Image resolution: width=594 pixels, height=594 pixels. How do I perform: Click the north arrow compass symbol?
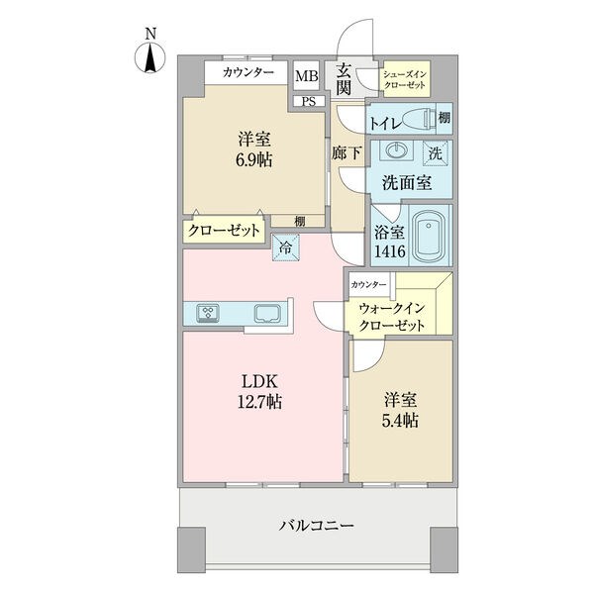click(x=150, y=58)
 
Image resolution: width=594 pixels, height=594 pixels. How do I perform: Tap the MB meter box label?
click(x=307, y=76)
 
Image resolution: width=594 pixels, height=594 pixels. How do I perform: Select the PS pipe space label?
click(x=309, y=102)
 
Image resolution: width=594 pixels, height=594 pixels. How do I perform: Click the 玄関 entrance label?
click(x=344, y=80)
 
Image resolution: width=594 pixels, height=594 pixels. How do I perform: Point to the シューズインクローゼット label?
click(x=405, y=79)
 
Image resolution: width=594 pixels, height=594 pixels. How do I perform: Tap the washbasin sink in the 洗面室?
click(x=396, y=149)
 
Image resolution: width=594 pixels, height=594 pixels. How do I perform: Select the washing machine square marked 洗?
click(x=436, y=153)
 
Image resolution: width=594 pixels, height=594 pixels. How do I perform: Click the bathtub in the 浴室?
click(x=429, y=235)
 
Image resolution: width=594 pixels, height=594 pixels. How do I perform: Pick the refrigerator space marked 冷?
click(x=286, y=247)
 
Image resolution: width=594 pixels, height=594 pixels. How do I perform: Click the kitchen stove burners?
click(x=208, y=314)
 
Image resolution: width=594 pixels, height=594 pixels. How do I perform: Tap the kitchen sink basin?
click(x=267, y=314)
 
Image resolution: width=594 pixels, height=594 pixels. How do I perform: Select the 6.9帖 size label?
click(x=254, y=160)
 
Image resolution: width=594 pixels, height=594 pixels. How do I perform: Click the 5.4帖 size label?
click(x=400, y=420)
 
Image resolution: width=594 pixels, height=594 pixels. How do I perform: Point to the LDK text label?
click(x=259, y=381)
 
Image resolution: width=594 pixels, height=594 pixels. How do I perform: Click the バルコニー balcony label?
click(x=317, y=526)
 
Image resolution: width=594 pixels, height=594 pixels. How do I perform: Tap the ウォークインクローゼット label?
click(x=392, y=317)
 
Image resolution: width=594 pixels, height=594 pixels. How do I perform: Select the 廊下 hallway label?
click(x=346, y=152)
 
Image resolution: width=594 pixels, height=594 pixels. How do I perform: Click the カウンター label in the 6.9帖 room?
click(x=248, y=72)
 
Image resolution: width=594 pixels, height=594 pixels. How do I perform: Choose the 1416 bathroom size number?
click(x=390, y=251)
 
